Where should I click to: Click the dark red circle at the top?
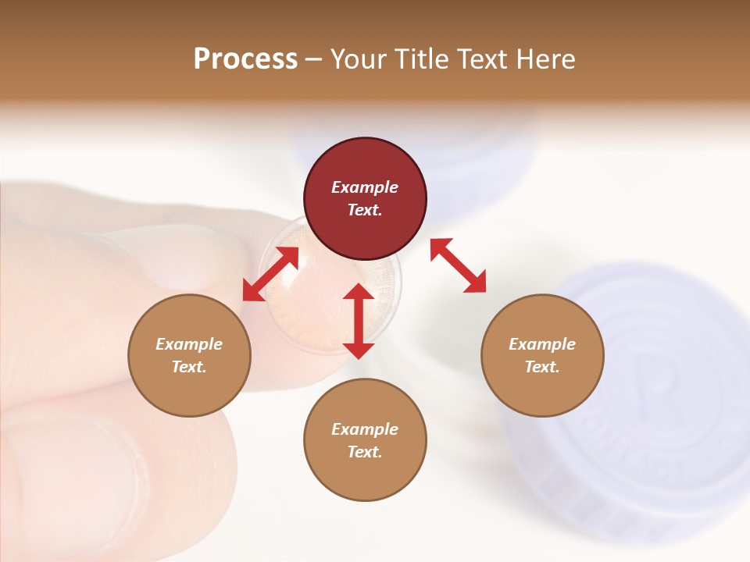tap(365, 199)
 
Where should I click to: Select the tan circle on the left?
tap(189, 355)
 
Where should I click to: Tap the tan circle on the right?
tap(542, 355)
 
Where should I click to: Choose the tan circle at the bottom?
tap(365, 440)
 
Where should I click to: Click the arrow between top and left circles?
tap(270, 274)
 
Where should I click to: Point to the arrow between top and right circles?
tap(458, 265)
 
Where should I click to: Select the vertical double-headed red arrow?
tap(359, 321)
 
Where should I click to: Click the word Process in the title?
tap(245, 59)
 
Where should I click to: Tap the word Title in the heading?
tap(422, 59)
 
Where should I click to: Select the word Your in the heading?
tap(359, 59)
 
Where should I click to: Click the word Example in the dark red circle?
tap(365, 187)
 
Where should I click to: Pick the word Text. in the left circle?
tap(189, 367)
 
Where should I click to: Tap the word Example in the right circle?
tap(542, 344)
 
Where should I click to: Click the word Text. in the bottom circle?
tap(365, 452)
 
